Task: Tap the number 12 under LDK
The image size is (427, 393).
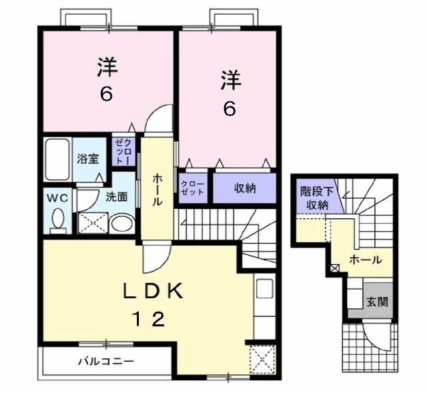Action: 146,320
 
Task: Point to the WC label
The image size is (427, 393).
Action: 55,198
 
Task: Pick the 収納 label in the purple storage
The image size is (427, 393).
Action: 244,188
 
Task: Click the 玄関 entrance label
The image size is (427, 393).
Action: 376,301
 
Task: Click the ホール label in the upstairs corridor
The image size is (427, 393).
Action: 157,189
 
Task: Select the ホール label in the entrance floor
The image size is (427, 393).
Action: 366,260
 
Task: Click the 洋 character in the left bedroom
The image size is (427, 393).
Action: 106,67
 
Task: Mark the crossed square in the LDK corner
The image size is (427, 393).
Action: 262,360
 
